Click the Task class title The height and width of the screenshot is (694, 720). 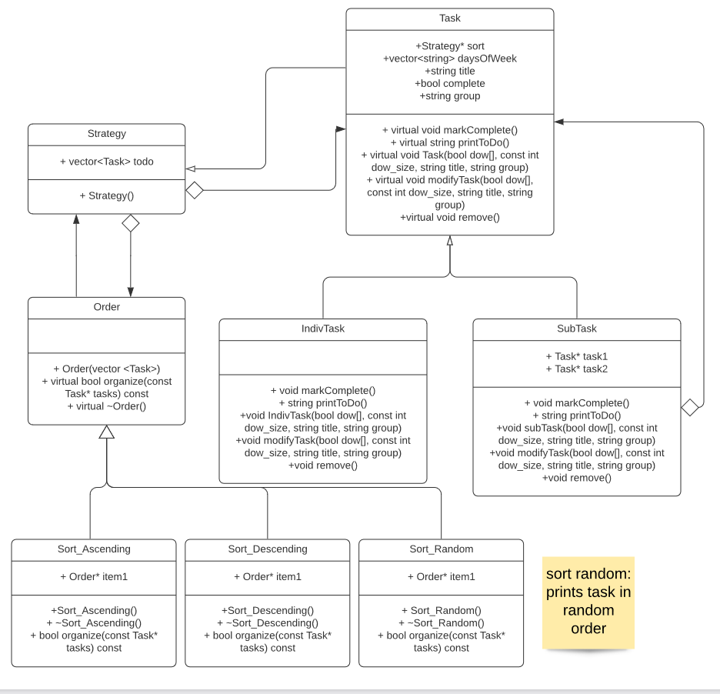click(449, 18)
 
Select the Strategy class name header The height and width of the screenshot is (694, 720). click(106, 134)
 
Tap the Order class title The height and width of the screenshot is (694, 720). click(106, 307)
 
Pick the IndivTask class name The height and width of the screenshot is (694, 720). click(322, 329)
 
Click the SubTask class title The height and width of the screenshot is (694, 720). click(576, 329)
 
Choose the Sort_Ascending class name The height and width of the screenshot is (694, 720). click(94, 549)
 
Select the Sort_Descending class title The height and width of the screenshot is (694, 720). click(268, 549)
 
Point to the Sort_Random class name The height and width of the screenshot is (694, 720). click(441, 549)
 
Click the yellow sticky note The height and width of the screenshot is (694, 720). click(588, 602)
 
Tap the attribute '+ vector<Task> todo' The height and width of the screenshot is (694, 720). click(106, 162)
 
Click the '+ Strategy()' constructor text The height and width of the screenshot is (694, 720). click(106, 195)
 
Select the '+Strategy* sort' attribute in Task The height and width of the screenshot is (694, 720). click(449, 46)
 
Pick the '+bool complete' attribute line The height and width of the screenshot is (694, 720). click(449, 83)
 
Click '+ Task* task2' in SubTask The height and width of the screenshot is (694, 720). click(576, 369)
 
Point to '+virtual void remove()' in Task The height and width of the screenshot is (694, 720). click(449, 218)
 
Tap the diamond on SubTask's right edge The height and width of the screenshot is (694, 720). click(690, 407)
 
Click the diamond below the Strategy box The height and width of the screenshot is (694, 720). click(131, 223)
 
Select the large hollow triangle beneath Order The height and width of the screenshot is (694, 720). click(107, 432)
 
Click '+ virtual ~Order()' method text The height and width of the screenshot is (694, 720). click(106, 406)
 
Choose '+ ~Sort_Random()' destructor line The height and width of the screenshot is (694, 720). click(441, 622)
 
